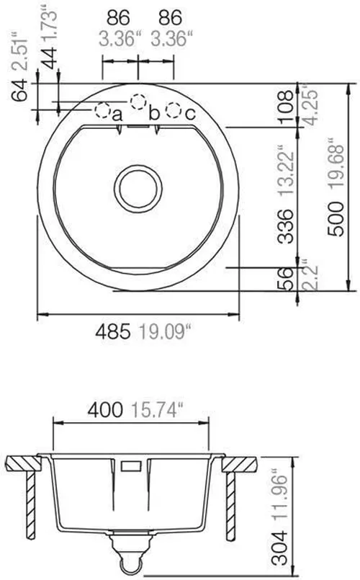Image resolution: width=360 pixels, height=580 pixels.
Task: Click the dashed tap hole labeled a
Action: (104, 111)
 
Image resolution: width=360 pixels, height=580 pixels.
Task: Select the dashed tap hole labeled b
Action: (138, 102)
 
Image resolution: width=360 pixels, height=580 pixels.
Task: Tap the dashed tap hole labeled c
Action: (173, 111)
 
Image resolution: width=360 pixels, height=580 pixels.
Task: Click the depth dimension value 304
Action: (286, 548)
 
